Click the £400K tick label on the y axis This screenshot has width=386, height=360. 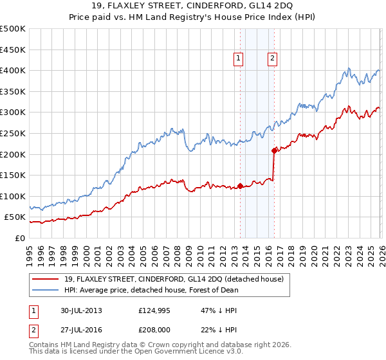[x=13, y=70]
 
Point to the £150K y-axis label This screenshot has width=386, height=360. [x=13, y=175]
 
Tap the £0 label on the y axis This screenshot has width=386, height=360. [x=20, y=238]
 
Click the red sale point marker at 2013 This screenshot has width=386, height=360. [x=240, y=186]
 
